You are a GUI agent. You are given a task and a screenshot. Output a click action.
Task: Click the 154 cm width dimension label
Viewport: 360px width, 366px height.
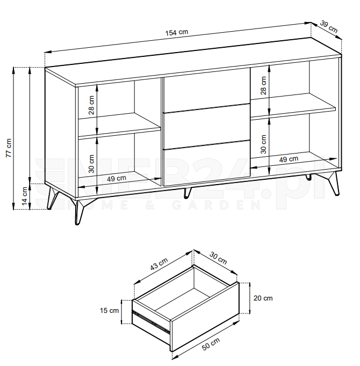click(177, 32)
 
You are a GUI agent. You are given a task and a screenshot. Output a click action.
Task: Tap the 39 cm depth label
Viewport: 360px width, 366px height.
click(329, 27)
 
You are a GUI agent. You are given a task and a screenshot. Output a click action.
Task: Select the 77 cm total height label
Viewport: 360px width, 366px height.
click(9, 148)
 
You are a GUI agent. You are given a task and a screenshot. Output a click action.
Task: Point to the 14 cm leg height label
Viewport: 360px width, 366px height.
click(25, 196)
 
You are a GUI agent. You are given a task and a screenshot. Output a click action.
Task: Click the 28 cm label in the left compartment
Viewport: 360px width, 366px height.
click(91, 105)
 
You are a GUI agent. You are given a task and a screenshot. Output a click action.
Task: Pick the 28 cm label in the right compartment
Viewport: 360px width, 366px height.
click(263, 85)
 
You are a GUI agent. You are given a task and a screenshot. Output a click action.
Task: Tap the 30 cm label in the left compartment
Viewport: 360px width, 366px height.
click(91, 164)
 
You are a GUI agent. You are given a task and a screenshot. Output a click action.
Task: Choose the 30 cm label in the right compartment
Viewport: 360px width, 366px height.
click(263, 144)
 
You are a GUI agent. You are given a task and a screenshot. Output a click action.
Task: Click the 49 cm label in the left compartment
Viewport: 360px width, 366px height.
click(117, 179)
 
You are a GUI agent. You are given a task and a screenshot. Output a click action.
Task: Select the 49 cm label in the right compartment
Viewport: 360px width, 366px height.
click(289, 159)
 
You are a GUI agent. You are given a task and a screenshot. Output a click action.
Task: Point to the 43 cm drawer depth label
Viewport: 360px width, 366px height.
click(159, 264)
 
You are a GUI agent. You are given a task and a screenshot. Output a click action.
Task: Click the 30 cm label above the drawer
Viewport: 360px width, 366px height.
click(218, 258)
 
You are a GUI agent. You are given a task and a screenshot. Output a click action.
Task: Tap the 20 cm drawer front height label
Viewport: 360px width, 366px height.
click(263, 298)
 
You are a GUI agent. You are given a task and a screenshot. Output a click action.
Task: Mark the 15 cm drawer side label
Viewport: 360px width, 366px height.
click(110, 310)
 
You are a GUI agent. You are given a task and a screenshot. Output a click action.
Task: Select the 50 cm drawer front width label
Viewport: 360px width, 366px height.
click(211, 344)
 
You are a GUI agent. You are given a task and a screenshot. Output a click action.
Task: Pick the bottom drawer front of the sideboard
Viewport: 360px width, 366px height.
click(207, 163)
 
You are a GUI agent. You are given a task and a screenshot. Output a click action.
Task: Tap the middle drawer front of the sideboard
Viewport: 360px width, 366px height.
click(207, 127)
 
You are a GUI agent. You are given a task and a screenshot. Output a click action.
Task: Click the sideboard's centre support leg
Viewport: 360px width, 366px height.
click(187, 193)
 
